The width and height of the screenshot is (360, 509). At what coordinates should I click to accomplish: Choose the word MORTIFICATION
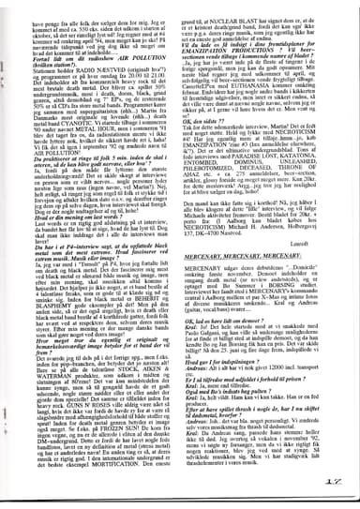click(x=112, y=478)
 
